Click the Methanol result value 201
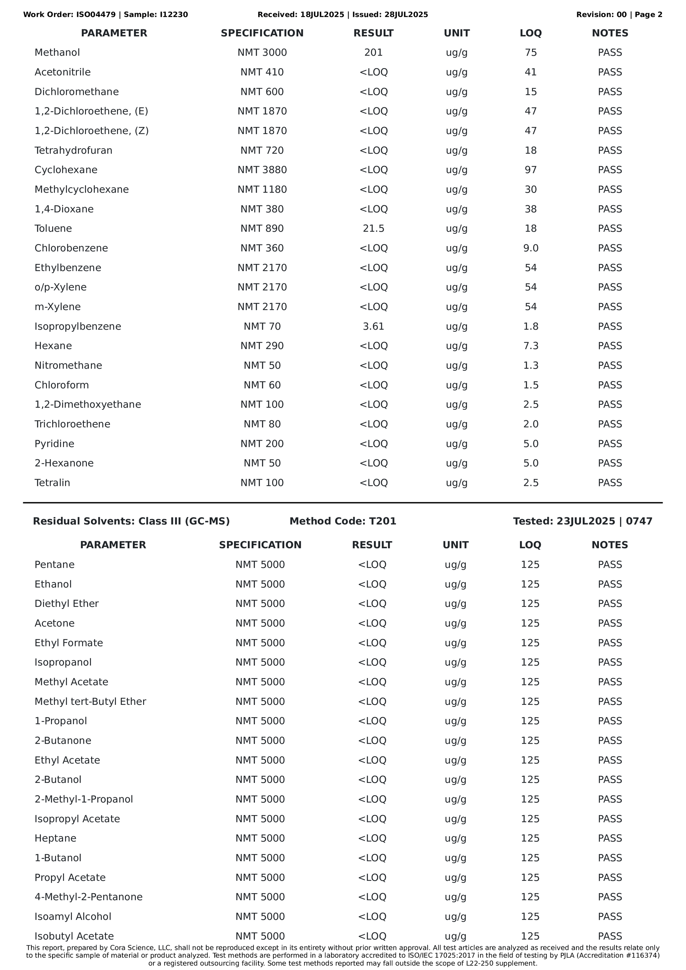point(373,53)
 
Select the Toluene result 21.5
point(373,228)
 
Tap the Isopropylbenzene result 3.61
point(373,327)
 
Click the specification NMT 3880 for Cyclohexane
point(262,170)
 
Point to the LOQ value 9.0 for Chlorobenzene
point(531,248)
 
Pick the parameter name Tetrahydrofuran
point(73,151)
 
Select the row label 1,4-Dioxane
point(64,209)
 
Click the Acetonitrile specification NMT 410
point(262,72)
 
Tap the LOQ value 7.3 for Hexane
point(531,346)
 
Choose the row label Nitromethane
point(68,365)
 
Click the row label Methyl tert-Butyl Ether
point(90,702)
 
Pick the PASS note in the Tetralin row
point(610,483)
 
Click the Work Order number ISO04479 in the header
point(96,15)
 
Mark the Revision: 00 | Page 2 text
point(619,15)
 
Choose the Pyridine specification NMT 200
point(262,444)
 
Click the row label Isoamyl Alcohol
point(73,917)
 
